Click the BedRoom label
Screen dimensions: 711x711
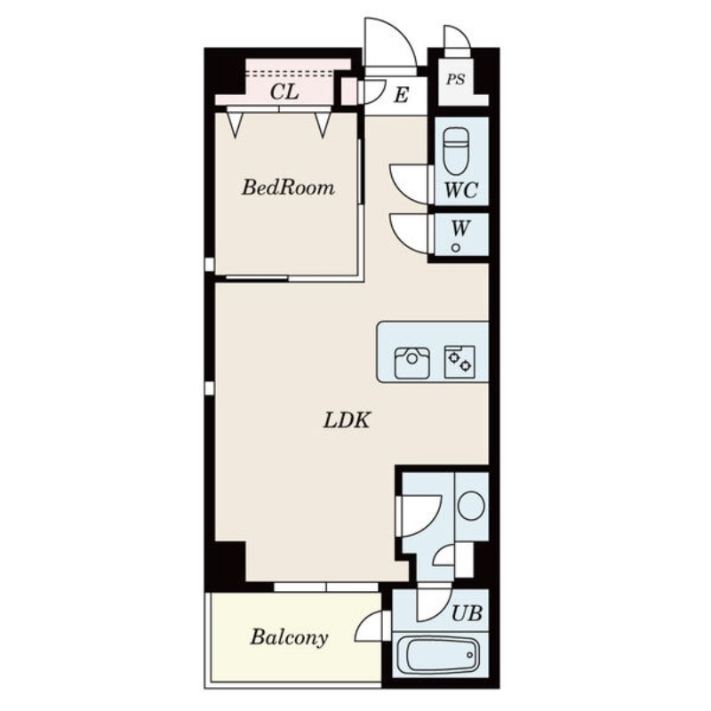tap(288, 188)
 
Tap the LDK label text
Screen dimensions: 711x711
tap(347, 420)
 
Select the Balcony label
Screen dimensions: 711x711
tap(290, 637)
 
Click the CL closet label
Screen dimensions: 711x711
tap(284, 92)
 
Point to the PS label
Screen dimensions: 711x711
tap(455, 80)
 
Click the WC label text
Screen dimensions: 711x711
tap(460, 190)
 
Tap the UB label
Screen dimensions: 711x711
tap(467, 613)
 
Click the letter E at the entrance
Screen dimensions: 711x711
tap(402, 96)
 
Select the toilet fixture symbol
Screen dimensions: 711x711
tap(456, 151)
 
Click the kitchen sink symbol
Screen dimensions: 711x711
tap(411, 363)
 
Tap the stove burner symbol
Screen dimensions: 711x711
tap(459, 362)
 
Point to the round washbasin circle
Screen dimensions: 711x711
tap(471, 506)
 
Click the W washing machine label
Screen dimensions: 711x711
tap(460, 228)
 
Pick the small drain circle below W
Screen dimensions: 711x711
tap(456, 248)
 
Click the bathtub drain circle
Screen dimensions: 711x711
tap(470, 655)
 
